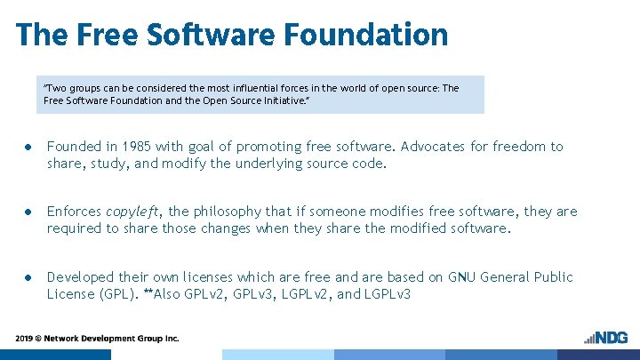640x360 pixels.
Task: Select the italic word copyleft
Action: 132,212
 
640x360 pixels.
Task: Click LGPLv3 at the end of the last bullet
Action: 388,293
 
